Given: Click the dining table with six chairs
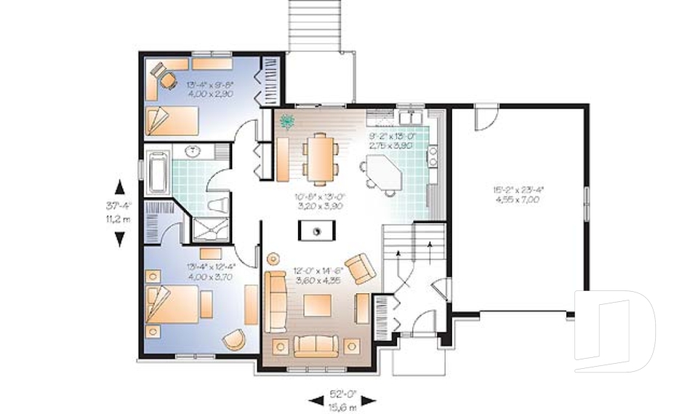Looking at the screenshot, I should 321,157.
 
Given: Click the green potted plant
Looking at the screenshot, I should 286,120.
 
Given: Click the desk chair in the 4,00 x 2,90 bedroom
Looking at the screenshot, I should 168,80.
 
